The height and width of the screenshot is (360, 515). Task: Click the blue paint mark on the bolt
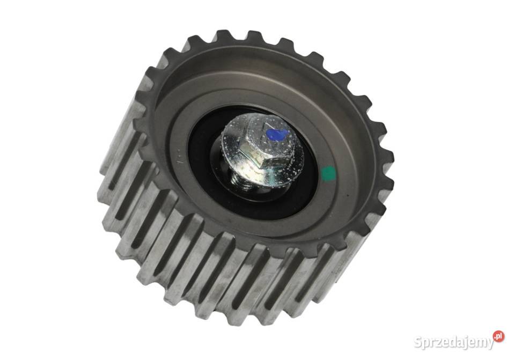click(277, 134)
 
